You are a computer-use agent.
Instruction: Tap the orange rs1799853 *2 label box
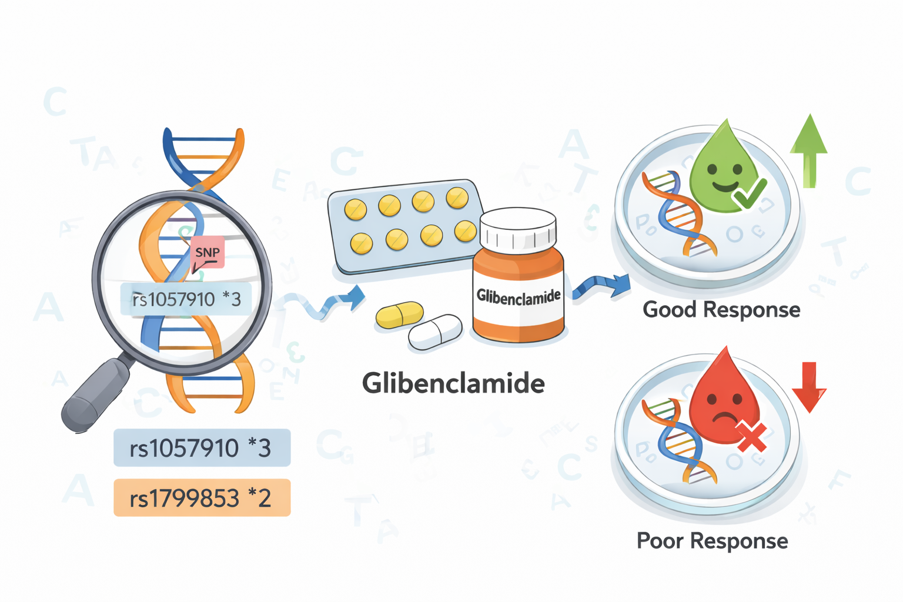202,498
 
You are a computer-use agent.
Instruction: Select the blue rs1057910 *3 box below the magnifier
202,448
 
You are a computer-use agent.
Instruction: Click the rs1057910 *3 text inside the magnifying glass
186,299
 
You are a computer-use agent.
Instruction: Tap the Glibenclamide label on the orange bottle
518,296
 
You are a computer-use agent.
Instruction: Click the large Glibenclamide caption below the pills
453,383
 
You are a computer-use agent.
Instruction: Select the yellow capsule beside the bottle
399,315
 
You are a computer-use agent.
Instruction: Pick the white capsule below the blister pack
435,332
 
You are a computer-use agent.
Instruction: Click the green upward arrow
809,150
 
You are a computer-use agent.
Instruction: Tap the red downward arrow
809,386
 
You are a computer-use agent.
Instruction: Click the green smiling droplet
721,168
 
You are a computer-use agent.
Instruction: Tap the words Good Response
721,309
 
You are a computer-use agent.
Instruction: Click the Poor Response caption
712,541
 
